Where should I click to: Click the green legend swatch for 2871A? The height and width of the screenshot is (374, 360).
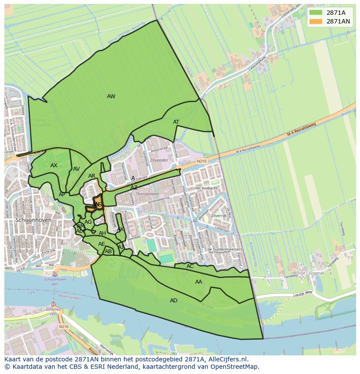point(316,13)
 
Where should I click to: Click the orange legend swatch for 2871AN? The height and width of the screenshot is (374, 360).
point(316,21)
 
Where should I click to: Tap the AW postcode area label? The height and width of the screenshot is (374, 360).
point(111,96)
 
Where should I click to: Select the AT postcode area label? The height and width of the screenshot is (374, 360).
point(176,122)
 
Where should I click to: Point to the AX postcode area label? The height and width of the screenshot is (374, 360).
point(54,165)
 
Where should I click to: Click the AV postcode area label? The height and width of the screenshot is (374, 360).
point(77,169)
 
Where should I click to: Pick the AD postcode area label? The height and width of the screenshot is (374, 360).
point(173,301)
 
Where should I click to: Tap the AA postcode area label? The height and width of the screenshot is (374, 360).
point(199,282)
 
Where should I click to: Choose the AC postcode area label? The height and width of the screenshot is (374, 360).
point(190,266)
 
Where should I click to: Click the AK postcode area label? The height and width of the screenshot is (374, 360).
point(120,229)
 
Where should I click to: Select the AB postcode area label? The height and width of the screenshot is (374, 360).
point(108,252)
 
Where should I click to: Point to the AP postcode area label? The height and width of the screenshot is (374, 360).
point(62,195)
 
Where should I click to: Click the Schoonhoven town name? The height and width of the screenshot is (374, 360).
point(33,220)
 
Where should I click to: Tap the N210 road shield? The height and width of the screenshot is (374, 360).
point(202,161)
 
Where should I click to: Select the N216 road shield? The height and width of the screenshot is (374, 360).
point(64,326)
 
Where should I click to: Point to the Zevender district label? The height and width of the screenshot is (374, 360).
point(159,160)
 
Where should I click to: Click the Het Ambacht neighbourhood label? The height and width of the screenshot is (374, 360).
point(206,188)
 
